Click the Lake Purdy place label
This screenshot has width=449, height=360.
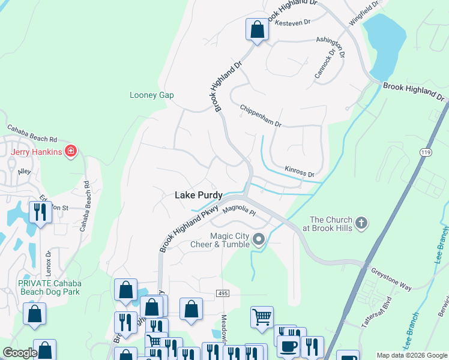(198, 195)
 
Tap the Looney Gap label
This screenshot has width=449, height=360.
(152, 95)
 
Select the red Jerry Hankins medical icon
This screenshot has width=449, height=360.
(71, 151)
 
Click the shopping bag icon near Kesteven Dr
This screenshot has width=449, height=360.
(257, 29)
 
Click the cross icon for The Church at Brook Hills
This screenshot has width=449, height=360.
(360, 224)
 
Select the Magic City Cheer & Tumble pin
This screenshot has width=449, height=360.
(259, 239)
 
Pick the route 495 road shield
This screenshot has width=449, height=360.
(223, 292)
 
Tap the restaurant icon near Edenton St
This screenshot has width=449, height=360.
(40, 213)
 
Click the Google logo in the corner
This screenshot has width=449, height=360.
(20, 353)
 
